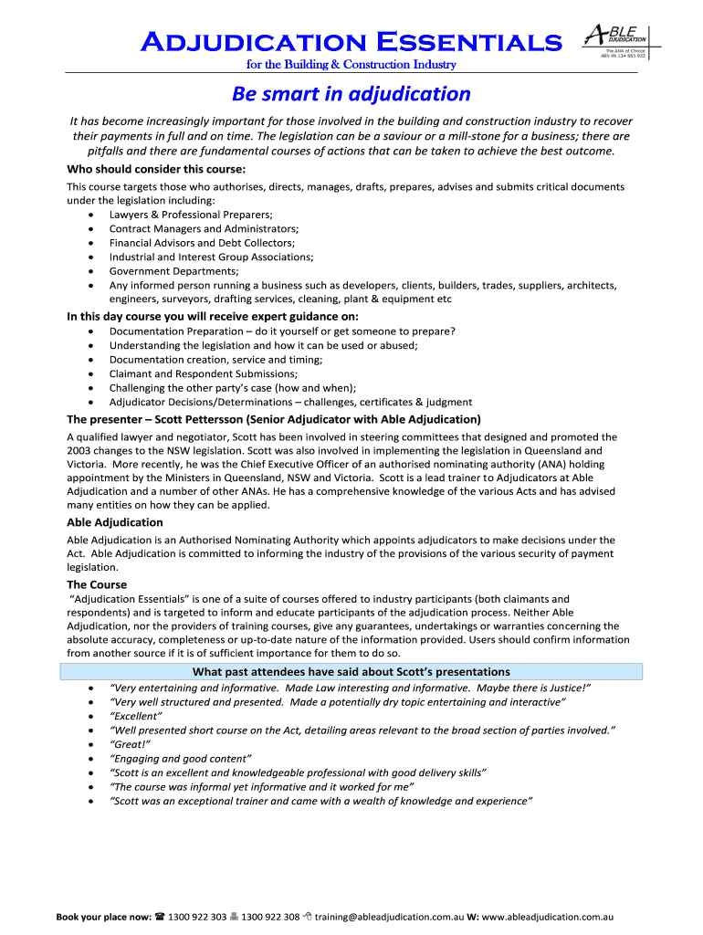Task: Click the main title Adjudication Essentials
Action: tap(351, 41)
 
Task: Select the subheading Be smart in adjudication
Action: tap(351, 93)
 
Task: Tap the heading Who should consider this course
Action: tap(156, 169)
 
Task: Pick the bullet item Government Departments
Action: tap(173, 271)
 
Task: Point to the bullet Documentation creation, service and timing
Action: tap(215, 359)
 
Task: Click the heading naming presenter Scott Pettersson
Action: tap(274, 419)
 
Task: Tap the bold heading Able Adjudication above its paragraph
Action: tap(115, 522)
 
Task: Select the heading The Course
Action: tap(97, 584)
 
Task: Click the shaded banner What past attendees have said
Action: tap(351, 671)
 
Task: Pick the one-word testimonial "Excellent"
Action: tap(135, 716)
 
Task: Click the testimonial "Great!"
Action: tap(130, 744)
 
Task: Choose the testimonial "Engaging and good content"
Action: tap(180, 758)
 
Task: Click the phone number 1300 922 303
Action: tap(203, 916)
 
